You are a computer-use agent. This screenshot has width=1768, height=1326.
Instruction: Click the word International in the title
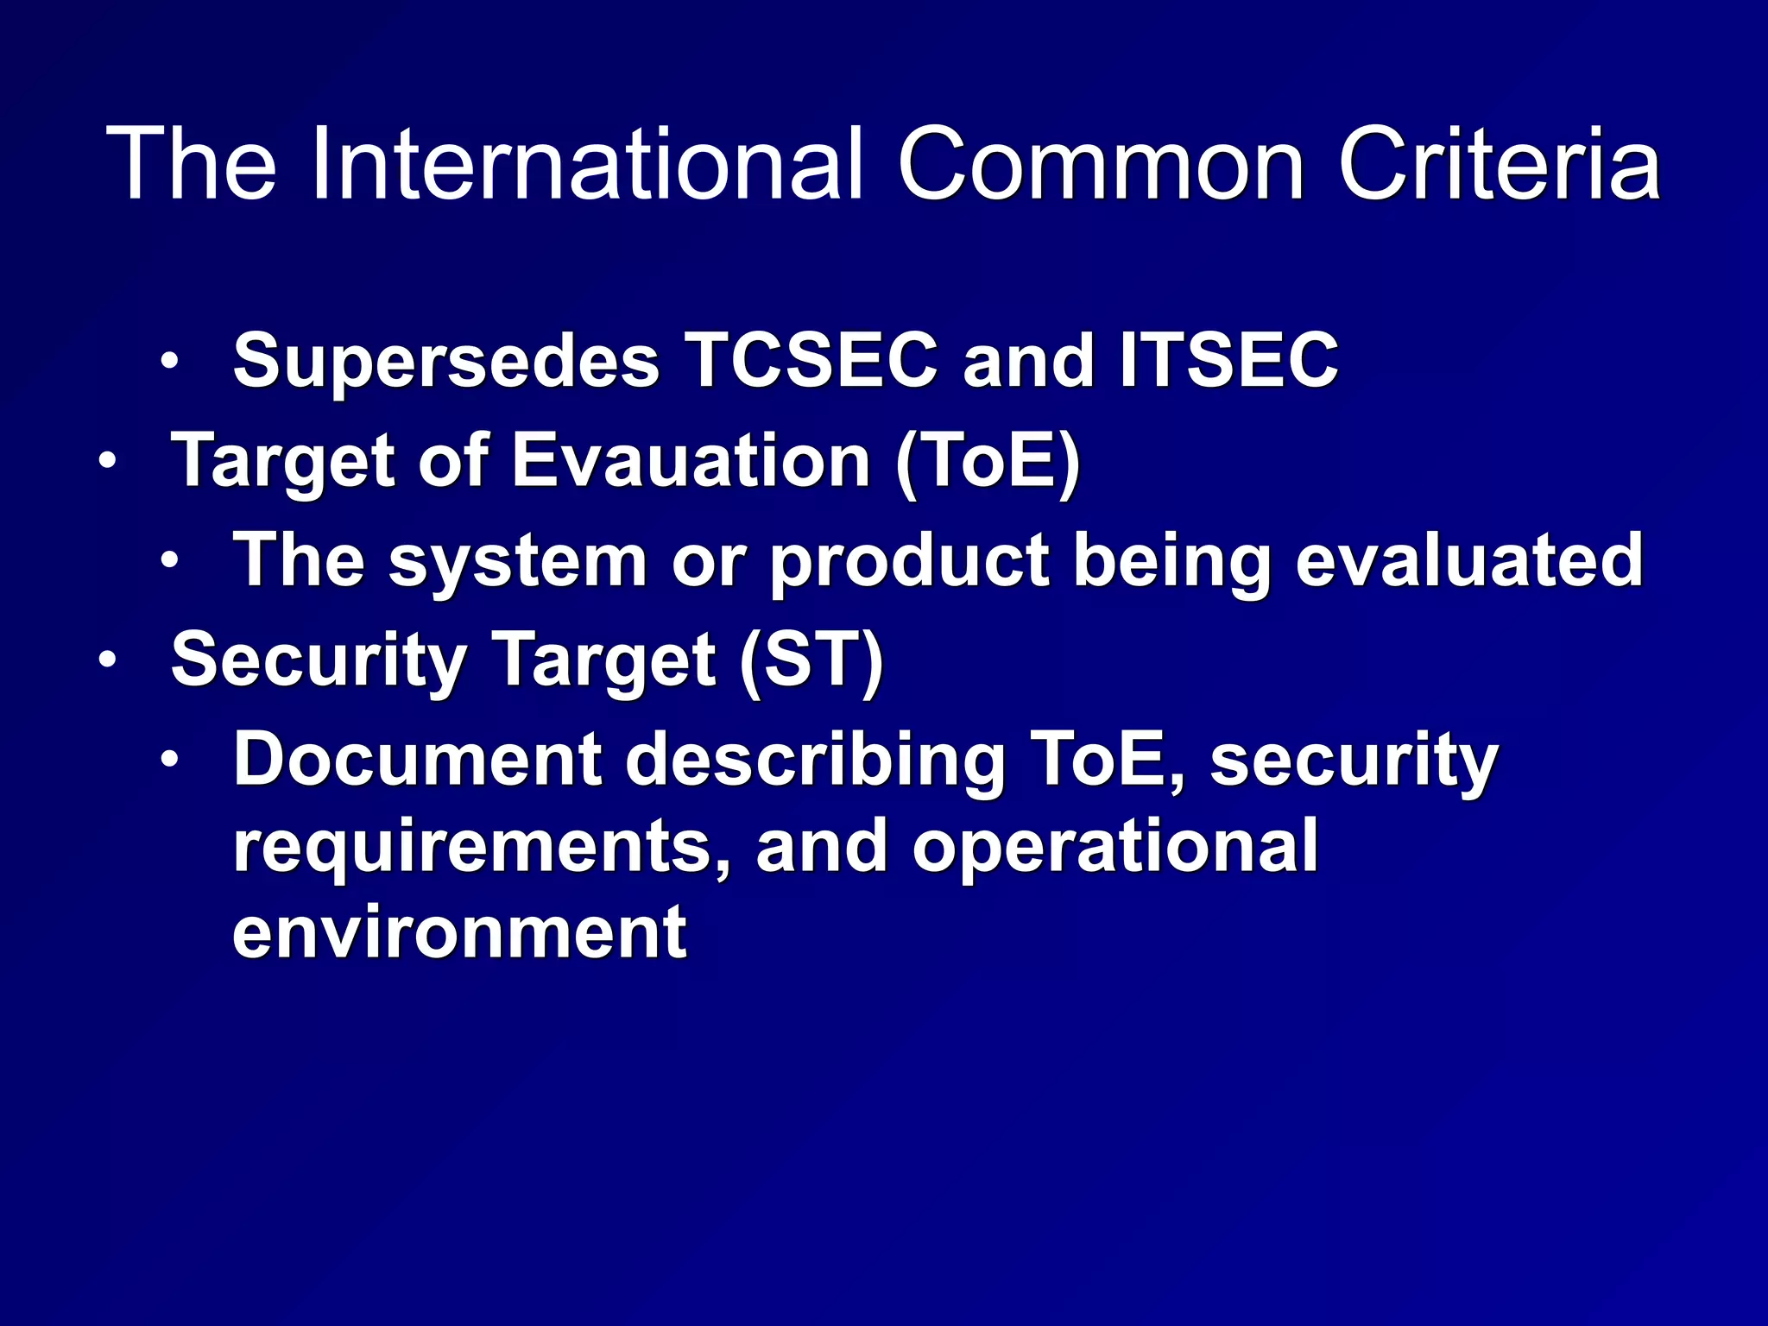[587, 164]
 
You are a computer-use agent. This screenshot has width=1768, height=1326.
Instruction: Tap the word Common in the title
[1102, 164]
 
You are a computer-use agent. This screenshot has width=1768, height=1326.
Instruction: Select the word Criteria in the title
[1500, 164]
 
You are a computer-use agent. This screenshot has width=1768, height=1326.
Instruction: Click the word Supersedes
[446, 361]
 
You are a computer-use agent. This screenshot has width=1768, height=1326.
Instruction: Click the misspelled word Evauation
[691, 460]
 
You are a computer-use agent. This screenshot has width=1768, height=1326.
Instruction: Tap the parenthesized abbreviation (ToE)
[988, 460]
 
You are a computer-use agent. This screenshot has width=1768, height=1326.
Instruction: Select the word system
[518, 561]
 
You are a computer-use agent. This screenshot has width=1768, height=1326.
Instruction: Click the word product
[909, 561]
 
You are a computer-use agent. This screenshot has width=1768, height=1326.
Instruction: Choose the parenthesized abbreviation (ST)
[811, 660]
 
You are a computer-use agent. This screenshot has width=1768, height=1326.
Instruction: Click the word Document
[418, 760]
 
